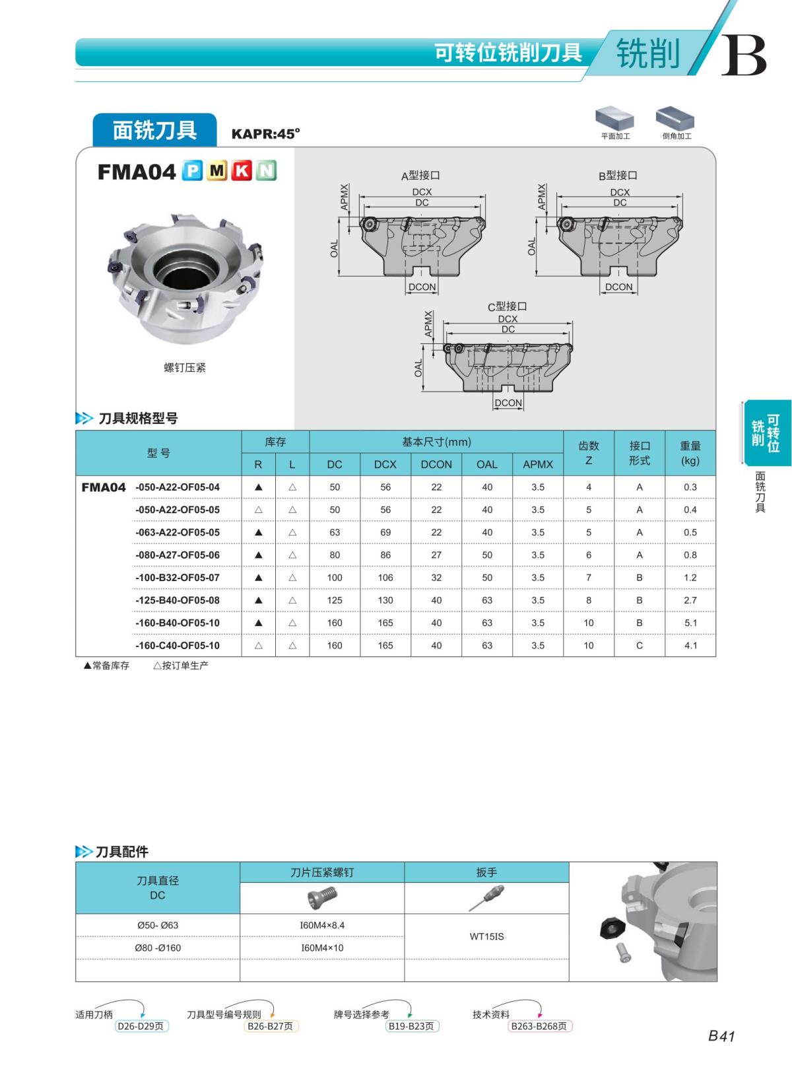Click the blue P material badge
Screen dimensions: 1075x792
point(192,171)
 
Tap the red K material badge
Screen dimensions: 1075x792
point(242,171)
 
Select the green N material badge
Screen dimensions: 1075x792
point(266,171)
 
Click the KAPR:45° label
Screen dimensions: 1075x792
point(265,133)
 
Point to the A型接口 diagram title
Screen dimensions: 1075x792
point(420,176)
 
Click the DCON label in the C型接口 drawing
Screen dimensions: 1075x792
point(508,403)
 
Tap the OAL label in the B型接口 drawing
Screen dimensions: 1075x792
point(532,247)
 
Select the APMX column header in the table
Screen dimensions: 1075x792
point(537,464)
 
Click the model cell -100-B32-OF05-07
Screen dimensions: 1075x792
point(177,578)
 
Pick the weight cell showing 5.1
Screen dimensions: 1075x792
point(690,623)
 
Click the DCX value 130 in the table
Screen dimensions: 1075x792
point(385,600)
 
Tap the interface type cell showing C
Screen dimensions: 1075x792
point(639,645)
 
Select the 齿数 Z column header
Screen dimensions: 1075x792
point(588,453)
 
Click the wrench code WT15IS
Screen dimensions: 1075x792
point(486,936)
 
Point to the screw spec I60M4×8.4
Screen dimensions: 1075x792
point(322,925)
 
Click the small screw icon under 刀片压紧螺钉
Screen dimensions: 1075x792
point(322,897)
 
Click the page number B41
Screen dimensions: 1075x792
point(721,1036)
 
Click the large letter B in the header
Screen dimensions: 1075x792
point(744,55)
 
